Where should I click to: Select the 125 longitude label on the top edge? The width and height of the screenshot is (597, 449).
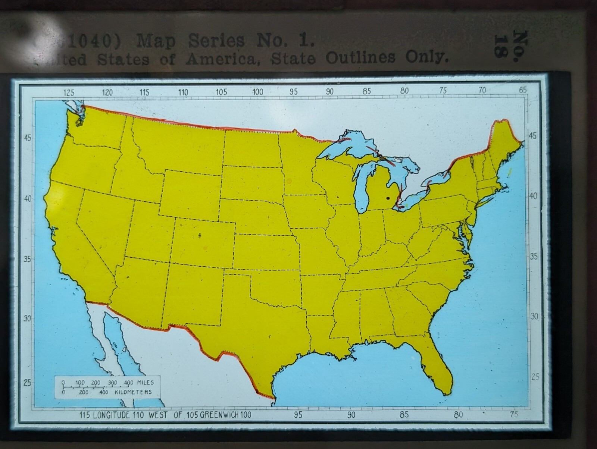click(69, 93)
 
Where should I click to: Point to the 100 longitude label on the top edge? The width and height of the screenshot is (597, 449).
click(257, 92)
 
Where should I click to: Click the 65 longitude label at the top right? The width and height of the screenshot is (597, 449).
click(523, 90)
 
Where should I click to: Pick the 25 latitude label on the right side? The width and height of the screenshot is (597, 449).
click(535, 377)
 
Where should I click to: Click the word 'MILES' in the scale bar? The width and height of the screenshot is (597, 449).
click(145, 383)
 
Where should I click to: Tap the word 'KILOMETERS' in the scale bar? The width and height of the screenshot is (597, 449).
click(133, 392)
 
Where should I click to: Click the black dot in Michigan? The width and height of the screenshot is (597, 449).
click(388, 198)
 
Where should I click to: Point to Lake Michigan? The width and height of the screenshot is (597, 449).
click(361, 190)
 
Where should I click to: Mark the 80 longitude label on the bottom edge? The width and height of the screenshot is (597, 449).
click(458, 415)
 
